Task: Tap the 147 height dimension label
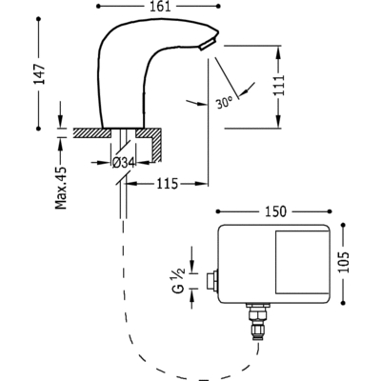tap(40, 74)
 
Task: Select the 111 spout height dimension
tap(278, 85)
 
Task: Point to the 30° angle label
tap(225, 102)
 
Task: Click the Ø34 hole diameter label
tap(124, 163)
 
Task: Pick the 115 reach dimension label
tap(168, 184)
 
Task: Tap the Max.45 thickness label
tap(61, 188)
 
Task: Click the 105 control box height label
tap(343, 262)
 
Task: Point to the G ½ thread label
tap(179, 280)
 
